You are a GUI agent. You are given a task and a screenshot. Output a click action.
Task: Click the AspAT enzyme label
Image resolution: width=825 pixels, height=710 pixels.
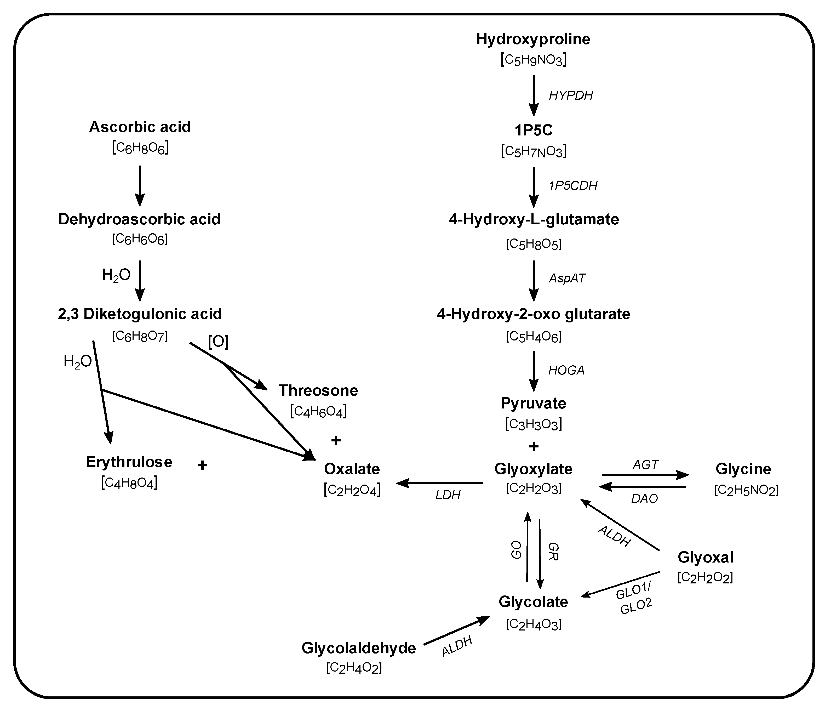pos(567,278)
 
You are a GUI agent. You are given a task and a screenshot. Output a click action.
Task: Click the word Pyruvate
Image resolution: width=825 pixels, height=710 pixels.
pos(533,403)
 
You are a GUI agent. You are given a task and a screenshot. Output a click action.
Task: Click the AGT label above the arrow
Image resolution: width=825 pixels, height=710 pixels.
pos(645,464)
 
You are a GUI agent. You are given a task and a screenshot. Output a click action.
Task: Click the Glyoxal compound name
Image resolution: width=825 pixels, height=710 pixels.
pos(705,557)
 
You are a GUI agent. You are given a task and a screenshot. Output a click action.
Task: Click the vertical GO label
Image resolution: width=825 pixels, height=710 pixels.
pos(517,550)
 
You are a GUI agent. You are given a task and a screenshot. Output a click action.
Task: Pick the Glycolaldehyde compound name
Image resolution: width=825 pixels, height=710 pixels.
pos(358,648)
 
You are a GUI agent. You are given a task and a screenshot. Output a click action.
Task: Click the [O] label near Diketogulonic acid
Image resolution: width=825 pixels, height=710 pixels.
pos(218,342)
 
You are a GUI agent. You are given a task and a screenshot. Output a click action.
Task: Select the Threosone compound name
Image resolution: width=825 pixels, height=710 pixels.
pos(318,390)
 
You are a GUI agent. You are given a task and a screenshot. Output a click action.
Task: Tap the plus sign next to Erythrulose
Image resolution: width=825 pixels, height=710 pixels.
pos(202,465)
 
